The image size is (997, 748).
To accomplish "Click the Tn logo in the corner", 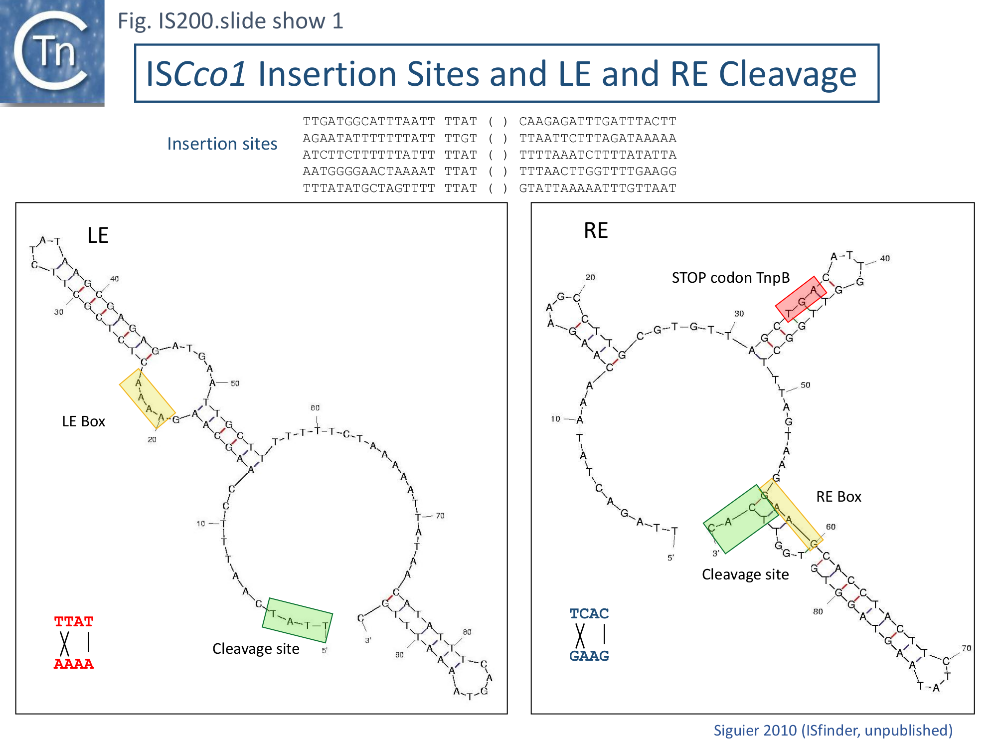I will point(52,52).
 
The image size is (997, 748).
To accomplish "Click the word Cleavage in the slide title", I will point(788,74).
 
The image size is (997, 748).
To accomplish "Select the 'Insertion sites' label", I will point(222,144).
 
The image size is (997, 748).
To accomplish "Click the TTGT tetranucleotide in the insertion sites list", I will point(461,138).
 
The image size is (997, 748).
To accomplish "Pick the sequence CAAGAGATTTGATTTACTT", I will point(597,122).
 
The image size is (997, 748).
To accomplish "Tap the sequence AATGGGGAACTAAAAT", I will point(368,172).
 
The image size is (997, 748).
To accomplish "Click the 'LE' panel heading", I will point(98,235).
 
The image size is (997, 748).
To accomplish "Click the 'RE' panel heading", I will point(596,230).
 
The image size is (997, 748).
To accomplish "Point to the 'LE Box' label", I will point(83,421).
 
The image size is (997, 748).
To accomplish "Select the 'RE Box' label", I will point(838,497).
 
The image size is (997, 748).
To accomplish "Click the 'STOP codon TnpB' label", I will point(730,278).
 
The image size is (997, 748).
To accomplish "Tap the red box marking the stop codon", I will point(801,299).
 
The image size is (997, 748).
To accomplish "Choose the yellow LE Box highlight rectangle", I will point(147,398).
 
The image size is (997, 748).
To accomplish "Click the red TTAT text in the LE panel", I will point(74,622).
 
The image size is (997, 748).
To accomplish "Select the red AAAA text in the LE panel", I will point(74,664).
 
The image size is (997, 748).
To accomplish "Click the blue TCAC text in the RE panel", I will point(589,613).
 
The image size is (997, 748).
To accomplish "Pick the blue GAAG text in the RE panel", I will point(589,656).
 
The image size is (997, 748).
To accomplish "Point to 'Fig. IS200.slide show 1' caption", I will point(230,21).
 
